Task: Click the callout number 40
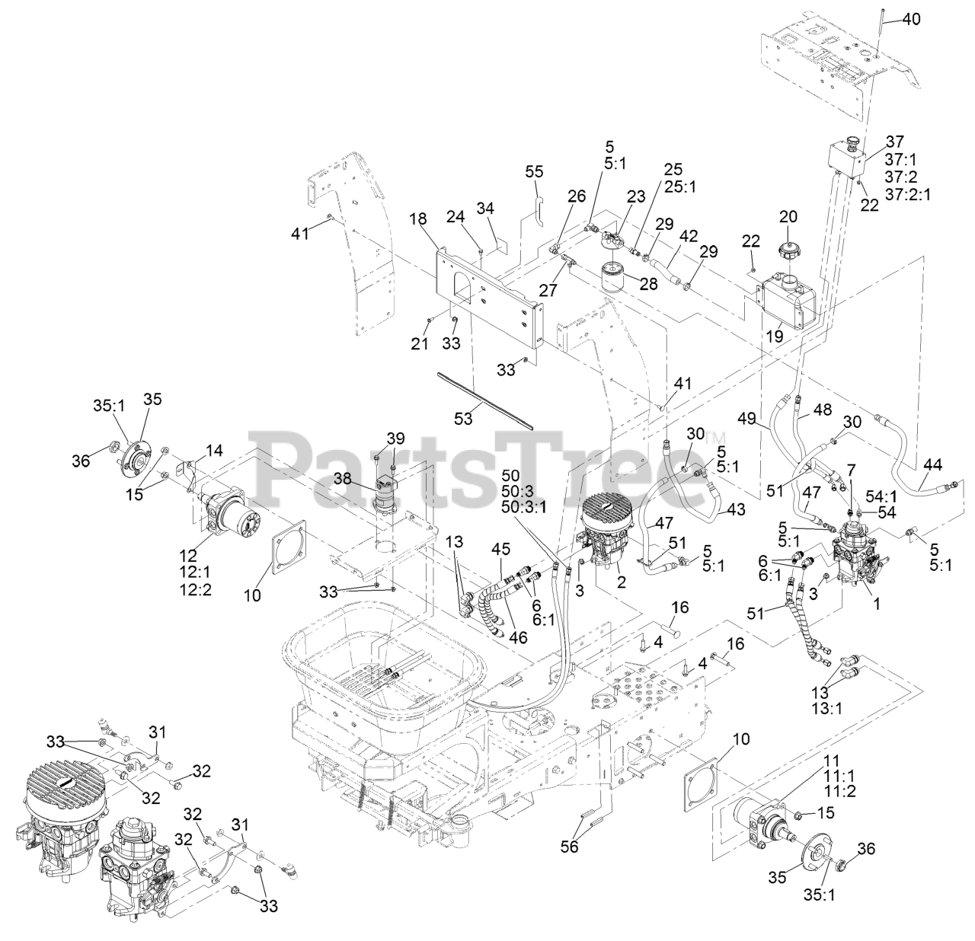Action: (911, 20)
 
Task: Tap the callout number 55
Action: (534, 172)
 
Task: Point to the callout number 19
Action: (775, 334)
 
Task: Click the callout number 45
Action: (500, 548)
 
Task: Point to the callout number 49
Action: (746, 418)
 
